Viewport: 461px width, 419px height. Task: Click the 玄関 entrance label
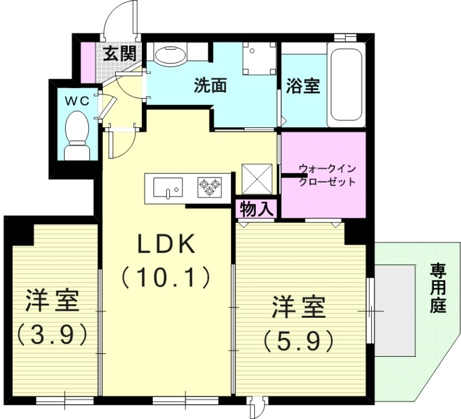coord(120,54)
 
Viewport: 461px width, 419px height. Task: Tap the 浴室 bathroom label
coord(303,86)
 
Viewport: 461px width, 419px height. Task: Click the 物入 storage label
coord(256,209)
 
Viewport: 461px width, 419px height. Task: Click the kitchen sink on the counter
coord(168,187)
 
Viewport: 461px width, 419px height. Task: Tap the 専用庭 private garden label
coord(438,288)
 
